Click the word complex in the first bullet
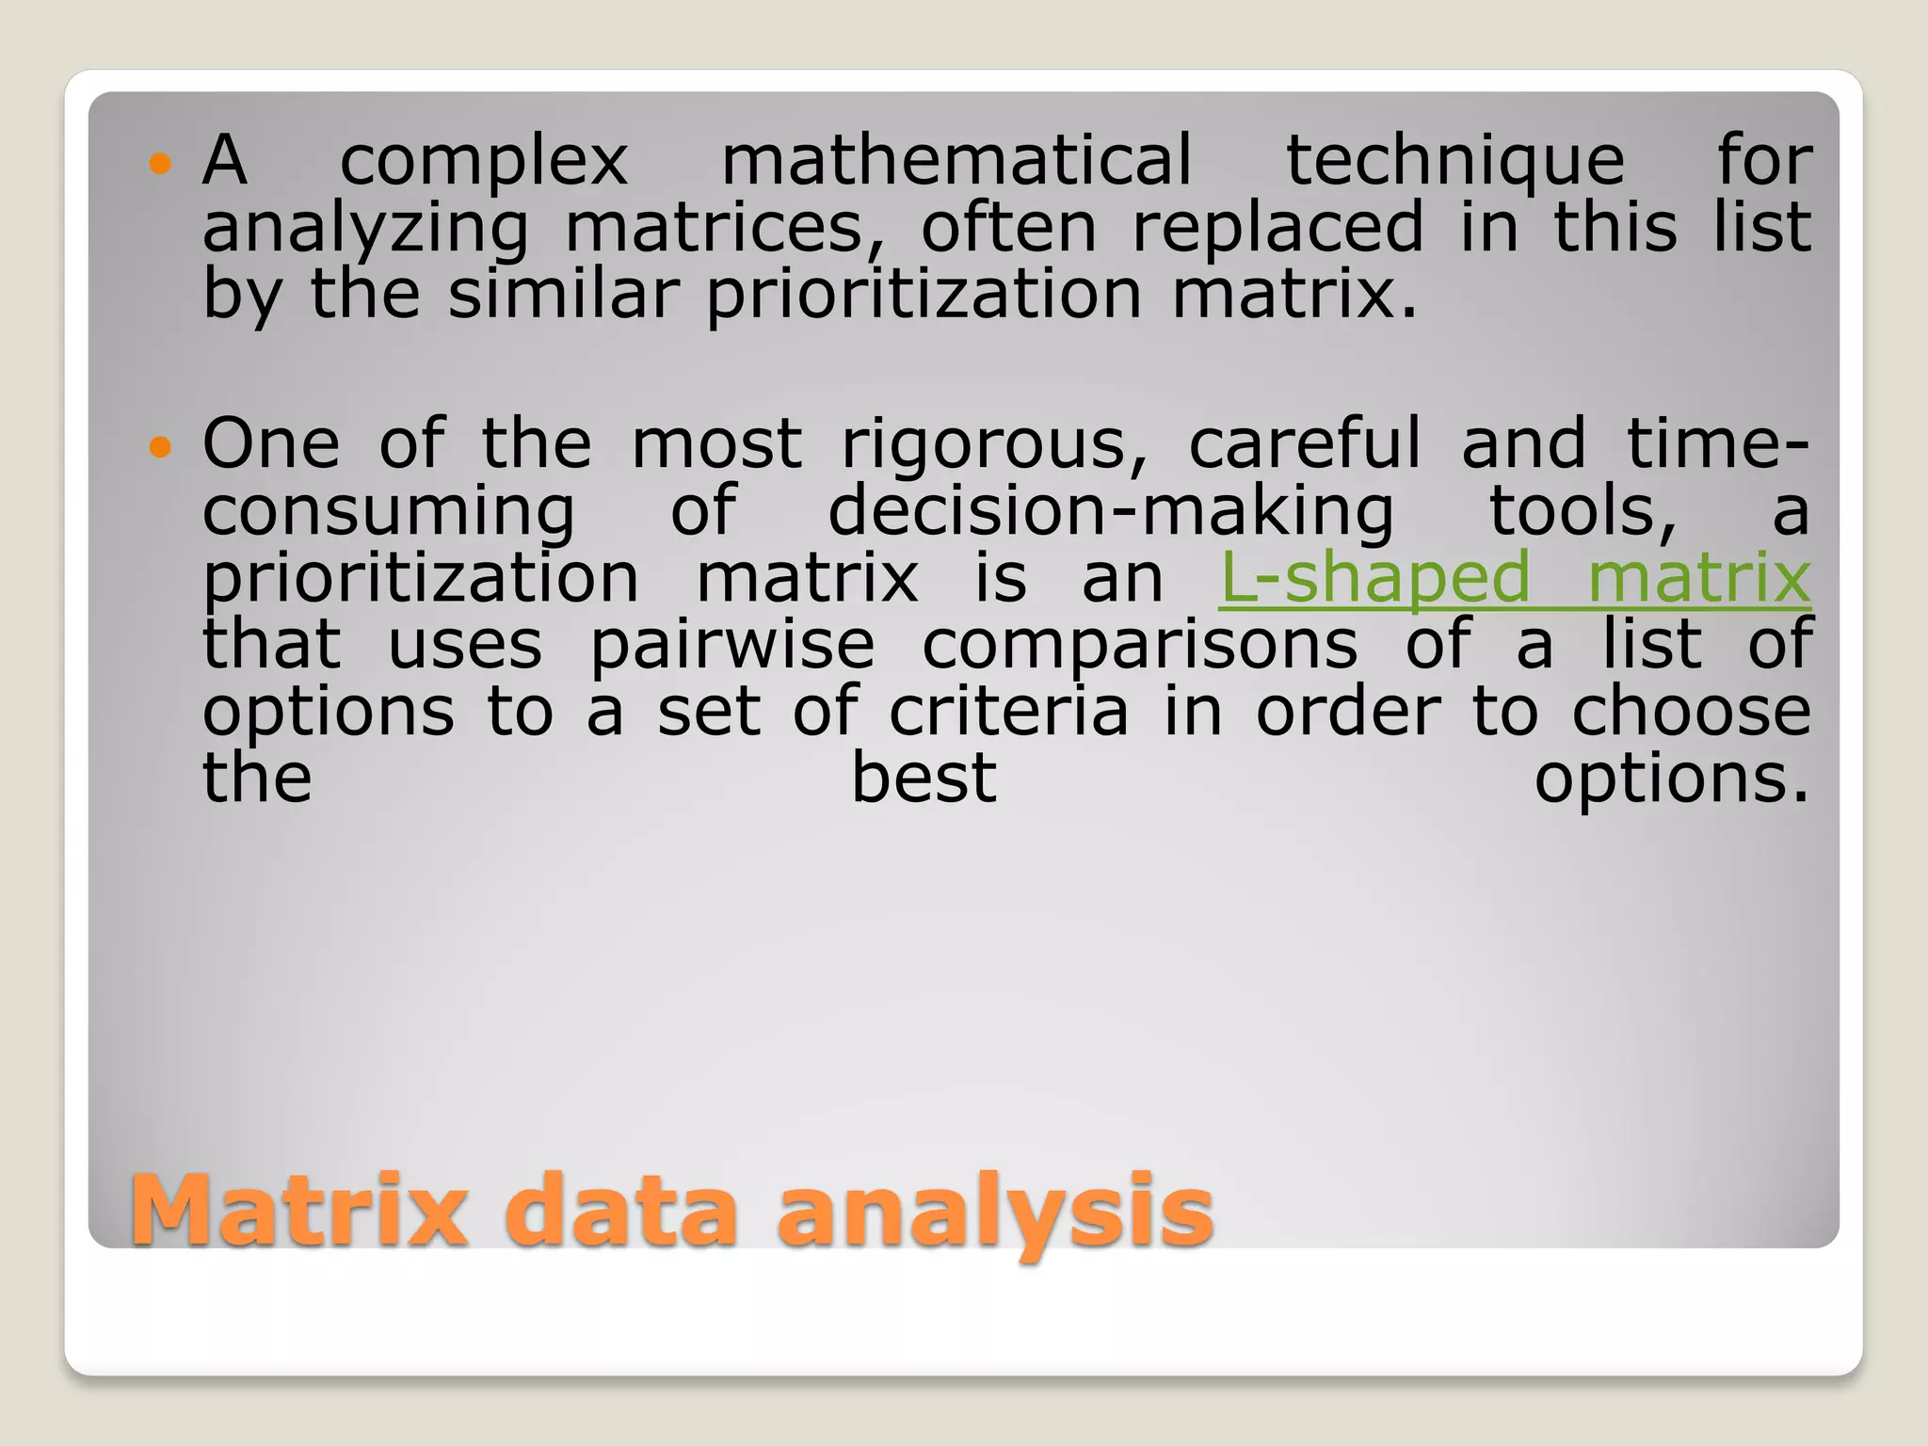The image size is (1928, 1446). click(483, 162)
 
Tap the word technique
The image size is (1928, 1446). click(1455, 162)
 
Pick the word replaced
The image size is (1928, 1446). click(1277, 229)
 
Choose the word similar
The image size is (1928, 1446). click(563, 294)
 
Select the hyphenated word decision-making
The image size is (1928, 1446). click(1111, 511)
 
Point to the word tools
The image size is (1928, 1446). click(1583, 511)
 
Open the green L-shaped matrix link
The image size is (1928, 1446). click(1514, 578)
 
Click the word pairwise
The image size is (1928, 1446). click(732, 647)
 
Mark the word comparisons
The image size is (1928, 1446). click(1140, 647)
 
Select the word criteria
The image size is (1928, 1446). click(1008, 712)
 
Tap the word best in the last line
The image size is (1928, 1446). click(924, 779)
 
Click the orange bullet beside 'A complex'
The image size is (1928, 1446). click(161, 164)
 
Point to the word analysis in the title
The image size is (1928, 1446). click(995, 1212)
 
